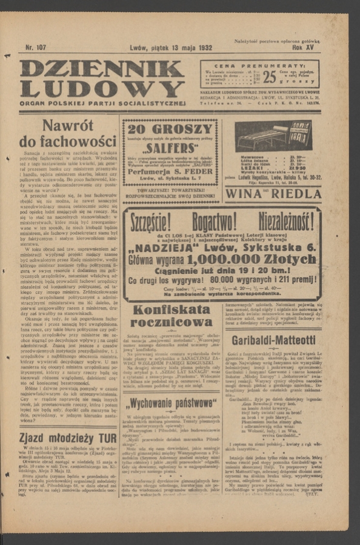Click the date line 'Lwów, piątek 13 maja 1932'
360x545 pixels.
pyautogui.click(x=170, y=47)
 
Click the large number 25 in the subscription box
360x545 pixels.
pyautogui.click(x=269, y=76)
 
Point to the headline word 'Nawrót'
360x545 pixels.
pyautogui.click(x=68, y=125)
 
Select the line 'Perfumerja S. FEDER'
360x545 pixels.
pyautogui.click(x=170, y=171)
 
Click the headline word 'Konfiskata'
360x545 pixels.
pyautogui.click(x=170, y=310)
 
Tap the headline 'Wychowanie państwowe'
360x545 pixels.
pyautogui.click(x=170, y=403)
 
